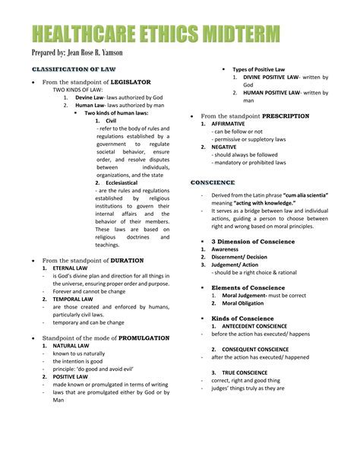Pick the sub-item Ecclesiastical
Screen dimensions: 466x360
click(x=122, y=184)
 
